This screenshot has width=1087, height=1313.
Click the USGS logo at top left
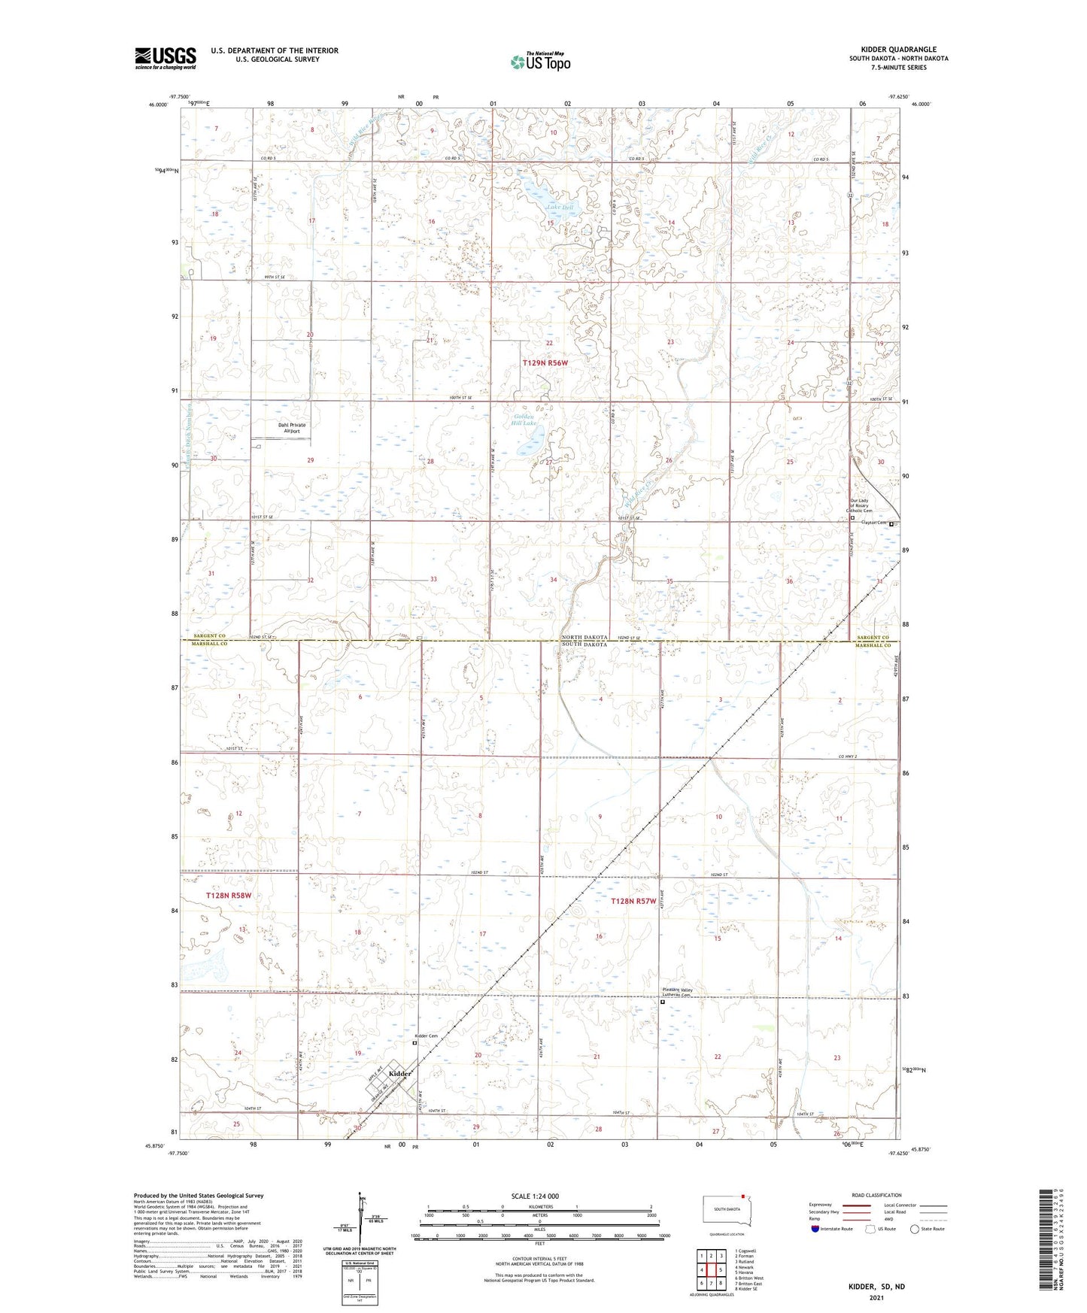pos(165,58)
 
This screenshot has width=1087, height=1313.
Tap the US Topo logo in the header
pos(540,62)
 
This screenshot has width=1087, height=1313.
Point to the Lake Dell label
pos(560,208)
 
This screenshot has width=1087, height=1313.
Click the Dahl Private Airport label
pos(292,428)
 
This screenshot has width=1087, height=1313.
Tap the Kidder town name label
pos(399,1073)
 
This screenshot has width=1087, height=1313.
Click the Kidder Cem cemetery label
pos(428,1036)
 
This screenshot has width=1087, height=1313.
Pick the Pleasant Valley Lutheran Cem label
pos(676,992)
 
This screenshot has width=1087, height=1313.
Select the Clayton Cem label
pos(874,523)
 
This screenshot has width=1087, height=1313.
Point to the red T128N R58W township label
pos(228,896)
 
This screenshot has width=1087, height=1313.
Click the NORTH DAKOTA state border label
pos(584,637)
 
